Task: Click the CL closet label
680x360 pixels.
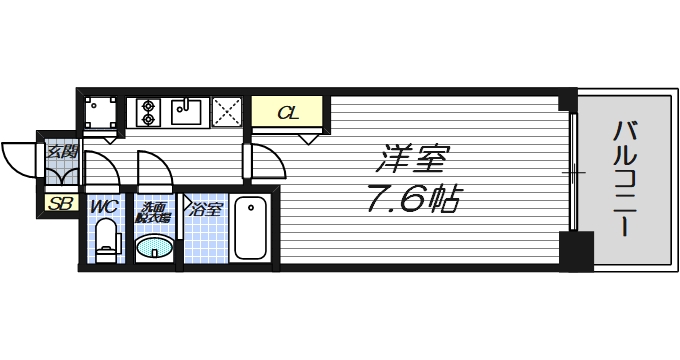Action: coord(286,111)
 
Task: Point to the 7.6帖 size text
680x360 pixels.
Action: coord(413,200)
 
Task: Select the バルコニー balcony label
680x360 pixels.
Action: coord(626,178)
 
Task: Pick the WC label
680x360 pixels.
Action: coord(105,207)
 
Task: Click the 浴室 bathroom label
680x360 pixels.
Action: coord(206,210)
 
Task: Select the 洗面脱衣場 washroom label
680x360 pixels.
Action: coord(154,211)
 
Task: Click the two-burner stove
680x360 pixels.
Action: coord(147,110)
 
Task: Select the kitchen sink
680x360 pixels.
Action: coord(187,110)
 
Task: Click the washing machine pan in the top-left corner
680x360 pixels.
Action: coord(99,112)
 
